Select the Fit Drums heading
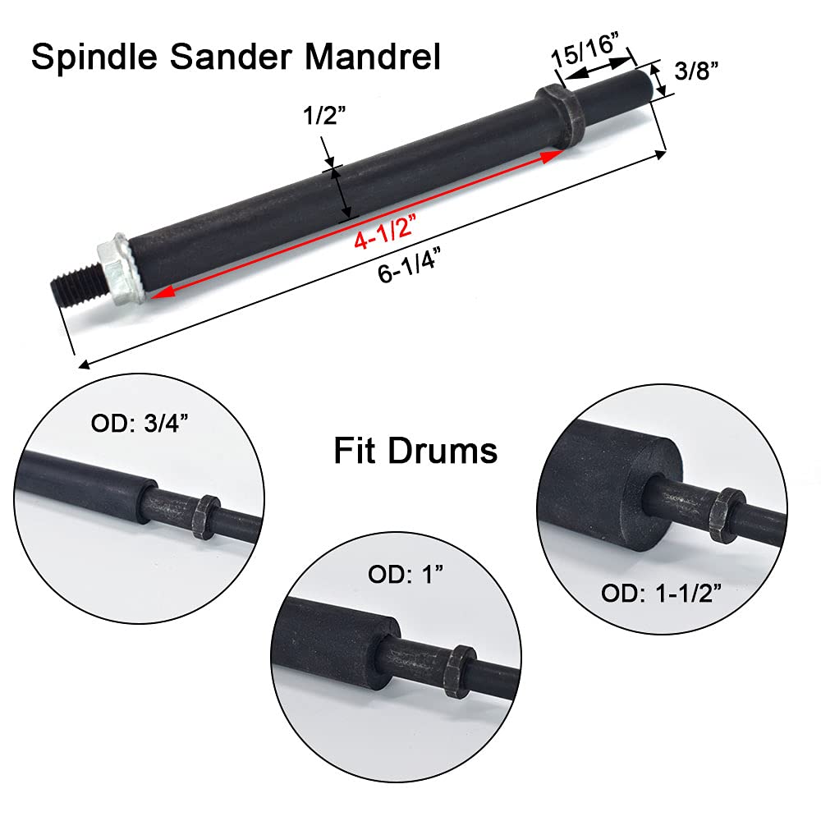click(x=415, y=451)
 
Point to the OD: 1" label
click(x=405, y=575)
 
